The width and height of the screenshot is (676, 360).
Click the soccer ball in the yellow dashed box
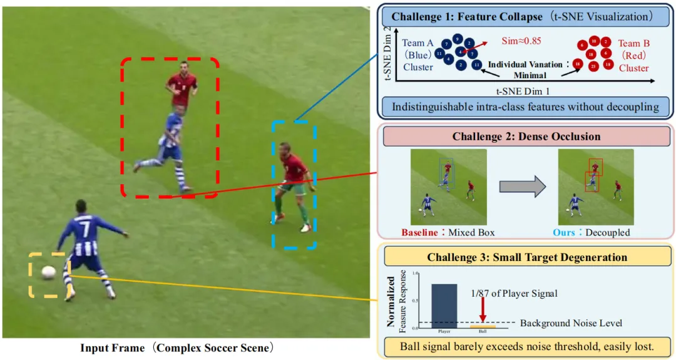click(x=48, y=272)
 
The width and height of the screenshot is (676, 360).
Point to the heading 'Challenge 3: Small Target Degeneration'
click(x=526, y=257)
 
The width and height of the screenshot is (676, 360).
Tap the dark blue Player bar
click(x=443, y=306)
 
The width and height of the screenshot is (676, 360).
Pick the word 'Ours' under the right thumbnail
click(x=564, y=232)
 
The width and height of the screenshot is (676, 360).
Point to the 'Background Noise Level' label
click(x=571, y=323)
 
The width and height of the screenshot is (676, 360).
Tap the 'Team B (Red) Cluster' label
click(x=633, y=55)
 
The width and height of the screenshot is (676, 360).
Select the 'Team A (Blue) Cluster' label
click(x=417, y=55)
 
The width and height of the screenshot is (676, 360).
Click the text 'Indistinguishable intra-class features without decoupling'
click(x=525, y=106)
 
